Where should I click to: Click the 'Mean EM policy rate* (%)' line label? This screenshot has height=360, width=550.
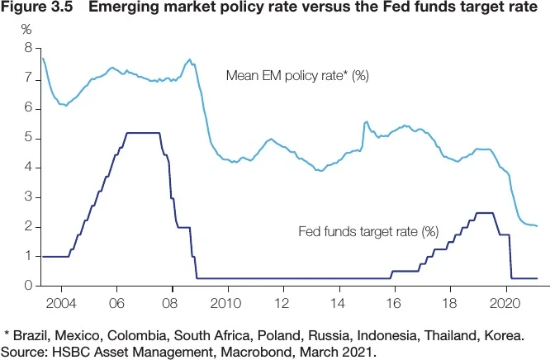pos(297,76)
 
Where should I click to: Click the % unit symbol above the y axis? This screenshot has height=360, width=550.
pos(26,30)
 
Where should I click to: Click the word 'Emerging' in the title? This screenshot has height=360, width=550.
pos(127,9)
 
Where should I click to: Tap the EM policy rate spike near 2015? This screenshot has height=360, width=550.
pos(365,122)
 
